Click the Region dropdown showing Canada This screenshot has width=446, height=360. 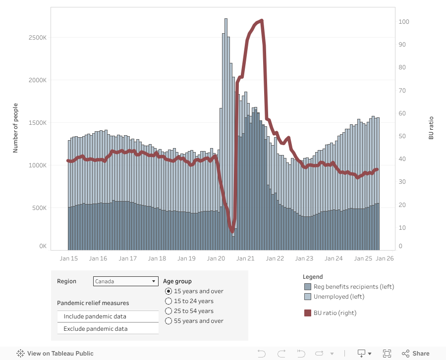pyautogui.click(x=125, y=281)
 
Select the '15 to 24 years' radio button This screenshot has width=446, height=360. pyautogui.click(x=168, y=301)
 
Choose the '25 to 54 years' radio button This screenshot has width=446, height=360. pyautogui.click(x=168, y=311)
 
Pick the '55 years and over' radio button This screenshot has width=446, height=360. pyautogui.click(x=168, y=321)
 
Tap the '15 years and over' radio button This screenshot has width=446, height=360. pyautogui.click(x=168, y=291)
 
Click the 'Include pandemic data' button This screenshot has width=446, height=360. pyautogui.click(x=108, y=316)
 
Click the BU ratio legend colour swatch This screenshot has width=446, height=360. pyautogui.click(x=307, y=312)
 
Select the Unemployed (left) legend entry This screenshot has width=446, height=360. pyautogui.click(x=338, y=297)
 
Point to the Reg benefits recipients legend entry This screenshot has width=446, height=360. pyautogui.click(x=353, y=287)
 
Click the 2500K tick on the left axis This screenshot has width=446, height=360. pyautogui.click(x=37, y=38)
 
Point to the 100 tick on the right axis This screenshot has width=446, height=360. pyautogui.click(x=404, y=22)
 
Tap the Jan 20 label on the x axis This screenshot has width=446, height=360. pyautogui.click(x=216, y=258)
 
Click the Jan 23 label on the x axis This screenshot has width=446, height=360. pyautogui.click(x=304, y=258)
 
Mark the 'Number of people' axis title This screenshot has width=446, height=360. pyautogui.click(x=15, y=128)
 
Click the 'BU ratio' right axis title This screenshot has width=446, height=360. pyautogui.click(x=431, y=128)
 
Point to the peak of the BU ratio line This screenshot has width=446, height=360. pyautogui.click(x=262, y=20)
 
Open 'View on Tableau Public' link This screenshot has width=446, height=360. pyautogui.click(x=55, y=354)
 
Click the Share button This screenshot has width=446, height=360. pyautogui.click(x=416, y=354)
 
